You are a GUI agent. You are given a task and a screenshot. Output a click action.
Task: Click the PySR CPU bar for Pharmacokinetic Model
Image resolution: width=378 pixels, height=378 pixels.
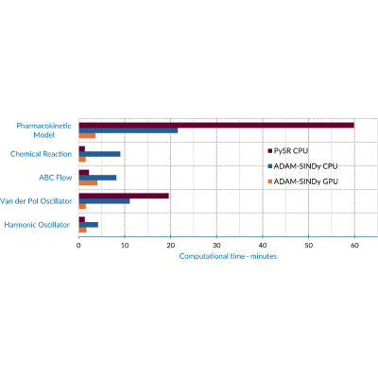point(216,126)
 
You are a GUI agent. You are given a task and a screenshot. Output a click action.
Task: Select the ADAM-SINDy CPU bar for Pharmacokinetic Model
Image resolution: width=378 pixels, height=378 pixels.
point(129,130)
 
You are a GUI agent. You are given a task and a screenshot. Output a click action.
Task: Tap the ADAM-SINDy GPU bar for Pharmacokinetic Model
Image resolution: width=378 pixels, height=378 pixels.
point(87,136)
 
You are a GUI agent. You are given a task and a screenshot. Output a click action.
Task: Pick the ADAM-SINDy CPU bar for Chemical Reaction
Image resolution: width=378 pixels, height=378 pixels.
point(99,154)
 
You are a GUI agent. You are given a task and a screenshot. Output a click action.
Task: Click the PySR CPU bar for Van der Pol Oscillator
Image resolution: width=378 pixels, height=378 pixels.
point(124,196)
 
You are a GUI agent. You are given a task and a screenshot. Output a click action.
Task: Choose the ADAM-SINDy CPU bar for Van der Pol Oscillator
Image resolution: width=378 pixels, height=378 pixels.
point(104,201)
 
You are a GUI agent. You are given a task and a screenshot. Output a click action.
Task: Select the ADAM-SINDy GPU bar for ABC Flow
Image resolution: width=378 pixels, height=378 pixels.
point(88,182)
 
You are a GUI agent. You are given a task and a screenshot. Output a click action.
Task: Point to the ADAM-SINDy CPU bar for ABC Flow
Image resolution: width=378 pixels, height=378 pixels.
point(97,178)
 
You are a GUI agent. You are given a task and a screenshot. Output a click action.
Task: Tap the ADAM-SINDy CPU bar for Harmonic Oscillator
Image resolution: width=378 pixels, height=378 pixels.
point(89,225)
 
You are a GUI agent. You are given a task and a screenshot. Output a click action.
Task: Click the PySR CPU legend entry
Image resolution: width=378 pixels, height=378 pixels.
point(288,151)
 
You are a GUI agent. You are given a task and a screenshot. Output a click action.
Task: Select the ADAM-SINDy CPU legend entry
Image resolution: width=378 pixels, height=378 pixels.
point(302,166)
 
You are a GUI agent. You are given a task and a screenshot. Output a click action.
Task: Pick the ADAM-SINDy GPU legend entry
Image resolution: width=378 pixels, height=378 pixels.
point(302,181)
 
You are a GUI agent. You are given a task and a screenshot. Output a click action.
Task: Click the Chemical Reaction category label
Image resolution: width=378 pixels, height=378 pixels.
point(41,154)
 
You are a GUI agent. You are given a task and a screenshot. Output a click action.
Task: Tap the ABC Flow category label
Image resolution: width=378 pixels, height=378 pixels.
point(56,178)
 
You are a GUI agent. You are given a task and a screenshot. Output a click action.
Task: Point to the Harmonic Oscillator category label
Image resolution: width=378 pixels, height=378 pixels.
point(37,225)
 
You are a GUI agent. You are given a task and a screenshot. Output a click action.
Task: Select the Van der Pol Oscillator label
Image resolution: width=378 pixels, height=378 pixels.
point(36,201)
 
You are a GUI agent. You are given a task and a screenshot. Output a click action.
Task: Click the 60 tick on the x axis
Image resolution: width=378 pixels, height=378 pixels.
point(354,246)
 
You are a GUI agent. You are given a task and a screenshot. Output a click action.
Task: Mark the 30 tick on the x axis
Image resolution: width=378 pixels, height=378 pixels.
point(216,246)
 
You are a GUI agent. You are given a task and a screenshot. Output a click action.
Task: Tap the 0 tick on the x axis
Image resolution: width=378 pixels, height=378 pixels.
point(78,246)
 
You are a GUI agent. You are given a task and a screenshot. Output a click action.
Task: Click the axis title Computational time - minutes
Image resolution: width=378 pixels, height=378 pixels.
point(228,256)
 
